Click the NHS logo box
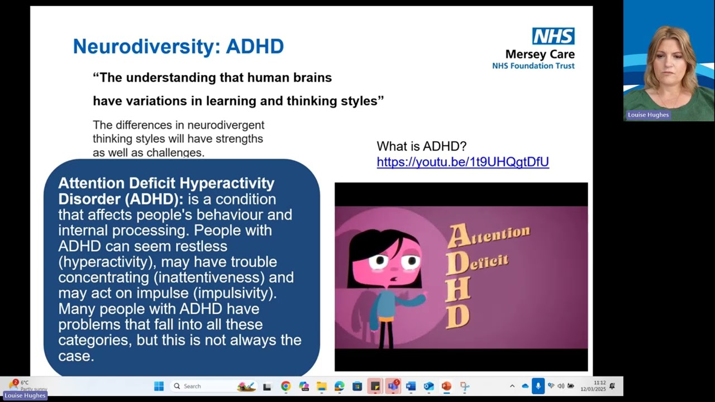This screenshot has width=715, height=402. (x=553, y=36)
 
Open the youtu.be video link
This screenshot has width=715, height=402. (x=463, y=162)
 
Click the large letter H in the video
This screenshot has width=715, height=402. (x=457, y=291)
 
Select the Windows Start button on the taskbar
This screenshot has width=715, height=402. (x=159, y=386)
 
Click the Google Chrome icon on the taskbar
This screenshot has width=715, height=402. (x=285, y=386)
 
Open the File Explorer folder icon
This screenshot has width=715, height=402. (x=321, y=386)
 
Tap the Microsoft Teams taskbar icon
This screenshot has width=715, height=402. (x=393, y=386)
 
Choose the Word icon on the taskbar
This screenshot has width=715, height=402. (x=411, y=386)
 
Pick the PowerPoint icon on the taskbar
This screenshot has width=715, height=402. (x=446, y=386)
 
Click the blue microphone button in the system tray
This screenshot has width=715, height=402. (x=538, y=386)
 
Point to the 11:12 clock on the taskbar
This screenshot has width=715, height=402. (x=599, y=383)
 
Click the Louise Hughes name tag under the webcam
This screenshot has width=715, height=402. (x=648, y=115)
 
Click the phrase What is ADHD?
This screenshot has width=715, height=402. (x=421, y=146)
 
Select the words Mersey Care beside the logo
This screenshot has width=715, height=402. (x=540, y=55)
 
